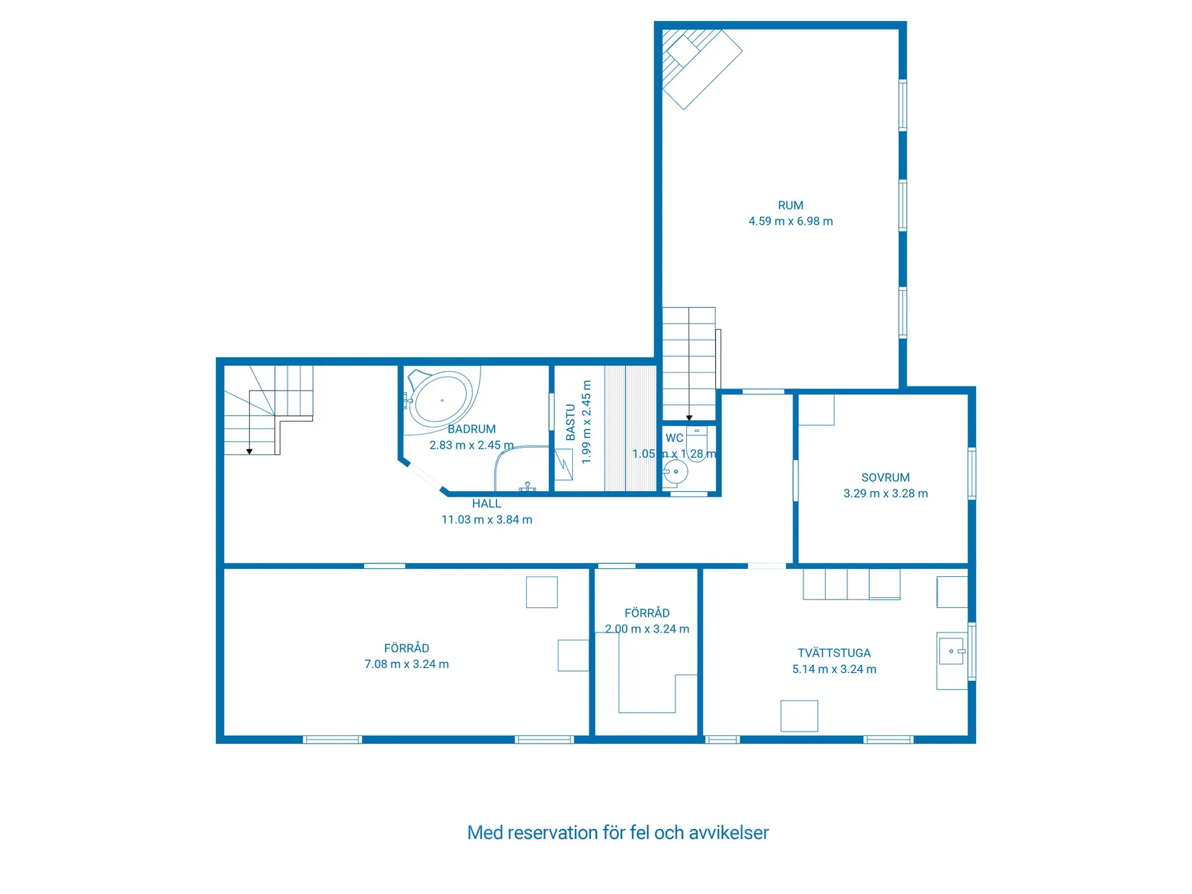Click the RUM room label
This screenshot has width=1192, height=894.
(x=790, y=205)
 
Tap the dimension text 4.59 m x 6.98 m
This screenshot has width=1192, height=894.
(x=790, y=221)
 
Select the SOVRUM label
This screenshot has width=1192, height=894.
(x=885, y=477)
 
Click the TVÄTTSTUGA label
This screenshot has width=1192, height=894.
(x=834, y=653)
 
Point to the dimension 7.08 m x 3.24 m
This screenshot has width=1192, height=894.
(x=406, y=664)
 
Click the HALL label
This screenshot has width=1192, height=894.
(x=486, y=503)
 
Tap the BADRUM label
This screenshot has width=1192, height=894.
(x=471, y=429)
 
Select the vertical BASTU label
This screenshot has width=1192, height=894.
(x=570, y=422)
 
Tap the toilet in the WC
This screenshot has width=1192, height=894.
(x=696, y=443)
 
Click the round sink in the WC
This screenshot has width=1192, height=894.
(x=675, y=471)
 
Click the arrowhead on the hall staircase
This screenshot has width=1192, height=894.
(x=249, y=451)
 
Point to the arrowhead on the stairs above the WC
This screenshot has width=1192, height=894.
(x=688, y=417)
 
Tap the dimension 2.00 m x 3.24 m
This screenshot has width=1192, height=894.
(x=647, y=628)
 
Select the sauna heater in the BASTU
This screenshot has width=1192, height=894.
(x=563, y=464)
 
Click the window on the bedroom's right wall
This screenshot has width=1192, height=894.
(x=972, y=473)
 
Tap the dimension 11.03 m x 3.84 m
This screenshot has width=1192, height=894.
(x=486, y=519)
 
